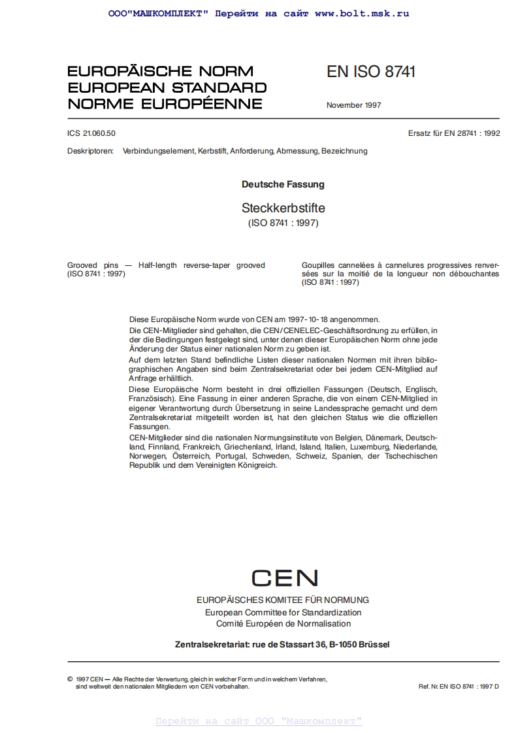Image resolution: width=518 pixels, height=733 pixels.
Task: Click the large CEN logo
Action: (284, 578)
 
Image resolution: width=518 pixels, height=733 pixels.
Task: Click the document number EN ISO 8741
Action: (370, 72)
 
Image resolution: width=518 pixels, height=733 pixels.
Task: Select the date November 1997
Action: (353, 105)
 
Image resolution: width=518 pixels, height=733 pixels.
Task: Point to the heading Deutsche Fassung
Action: (283, 184)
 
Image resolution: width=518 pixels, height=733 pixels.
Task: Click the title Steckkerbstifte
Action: (283, 208)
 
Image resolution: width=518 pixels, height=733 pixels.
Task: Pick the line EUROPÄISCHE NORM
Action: (160, 71)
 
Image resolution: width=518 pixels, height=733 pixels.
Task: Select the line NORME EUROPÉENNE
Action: (165, 103)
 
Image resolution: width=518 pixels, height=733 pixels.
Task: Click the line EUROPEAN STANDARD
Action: (167, 88)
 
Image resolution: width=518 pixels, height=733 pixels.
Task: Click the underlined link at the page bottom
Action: (259, 721)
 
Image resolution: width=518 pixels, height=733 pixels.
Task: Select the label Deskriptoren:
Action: (90, 151)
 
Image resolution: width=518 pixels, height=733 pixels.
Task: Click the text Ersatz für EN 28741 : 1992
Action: (453, 133)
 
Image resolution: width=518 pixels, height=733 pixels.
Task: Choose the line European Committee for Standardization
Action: (283, 612)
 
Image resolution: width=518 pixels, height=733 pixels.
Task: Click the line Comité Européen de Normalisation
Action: (283, 624)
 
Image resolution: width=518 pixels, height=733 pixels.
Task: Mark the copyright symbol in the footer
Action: (70, 679)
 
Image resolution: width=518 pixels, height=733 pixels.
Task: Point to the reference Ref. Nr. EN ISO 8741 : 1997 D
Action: (458, 687)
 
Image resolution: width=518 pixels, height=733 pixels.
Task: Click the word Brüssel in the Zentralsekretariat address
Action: (370, 644)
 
